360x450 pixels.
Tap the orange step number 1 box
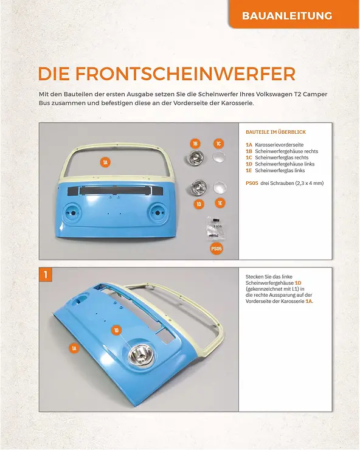tap(46, 274)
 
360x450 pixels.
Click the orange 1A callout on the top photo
tap(105, 162)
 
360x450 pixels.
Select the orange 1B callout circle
tap(195, 144)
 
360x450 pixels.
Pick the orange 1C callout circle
tap(218, 144)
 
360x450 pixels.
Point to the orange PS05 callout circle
tap(216, 248)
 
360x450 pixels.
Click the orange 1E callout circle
tap(220, 202)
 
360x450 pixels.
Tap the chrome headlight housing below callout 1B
tap(196, 159)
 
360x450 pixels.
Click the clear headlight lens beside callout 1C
tap(218, 158)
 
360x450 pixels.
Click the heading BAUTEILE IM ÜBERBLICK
tap(275, 132)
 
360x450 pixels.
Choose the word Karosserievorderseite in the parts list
tap(279, 145)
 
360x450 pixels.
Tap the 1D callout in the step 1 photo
tap(117, 330)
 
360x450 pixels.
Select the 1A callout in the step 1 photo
tap(74, 348)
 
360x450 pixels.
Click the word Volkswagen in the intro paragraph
tap(271, 95)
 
